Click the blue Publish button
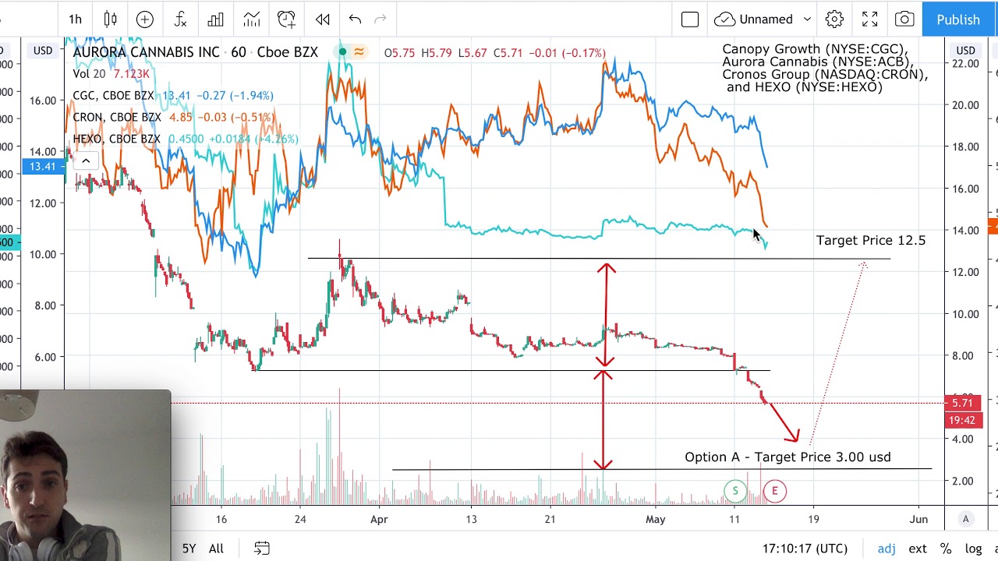tap(958, 19)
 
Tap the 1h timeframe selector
tap(75, 19)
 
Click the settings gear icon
tap(834, 19)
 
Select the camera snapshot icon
tap(904, 19)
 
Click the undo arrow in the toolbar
tap(355, 19)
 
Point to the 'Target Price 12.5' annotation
tap(870, 241)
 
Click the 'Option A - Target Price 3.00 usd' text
tap(787, 457)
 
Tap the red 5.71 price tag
tap(962, 403)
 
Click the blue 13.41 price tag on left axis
tap(43, 166)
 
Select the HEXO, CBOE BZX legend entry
tap(116, 139)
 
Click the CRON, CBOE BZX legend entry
tap(116, 118)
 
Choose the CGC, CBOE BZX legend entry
tap(113, 96)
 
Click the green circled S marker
tap(735, 491)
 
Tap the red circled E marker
tap(774, 491)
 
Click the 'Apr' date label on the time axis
tap(379, 519)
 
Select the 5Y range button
tap(189, 549)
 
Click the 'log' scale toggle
tap(973, 549)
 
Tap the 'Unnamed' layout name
tap(766, 19)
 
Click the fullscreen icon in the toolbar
tap(869, 19)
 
